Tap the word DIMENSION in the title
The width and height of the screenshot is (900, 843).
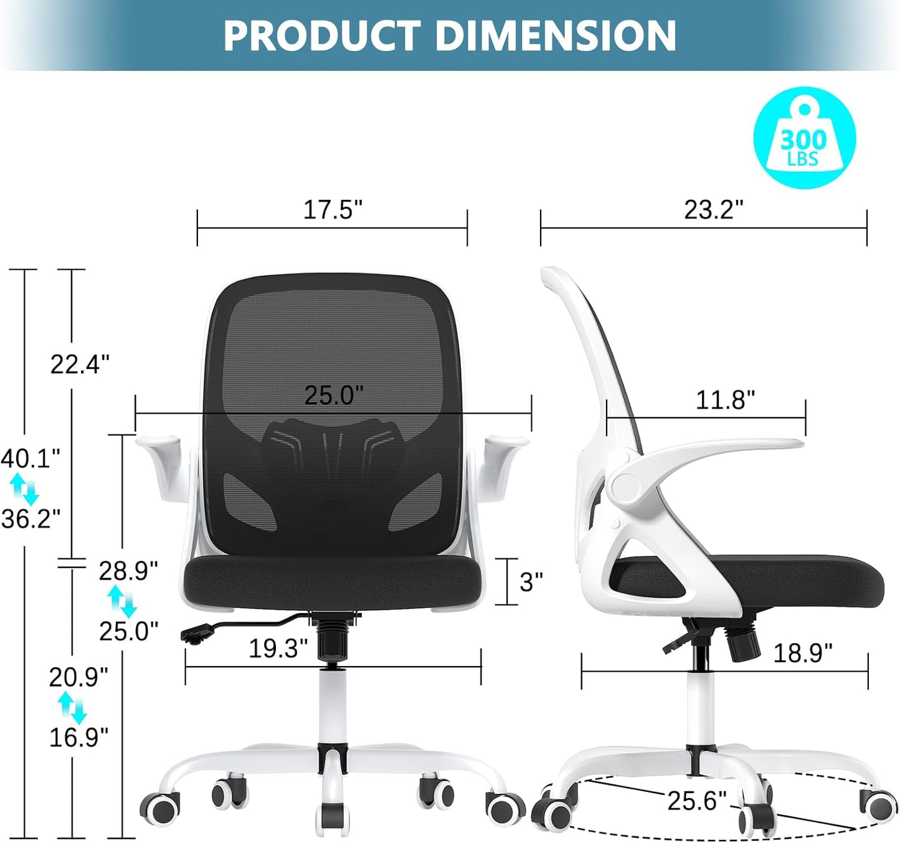point(556,36)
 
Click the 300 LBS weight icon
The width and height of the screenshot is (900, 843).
point(804,138)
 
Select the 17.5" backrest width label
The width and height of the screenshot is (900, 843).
point(333,210)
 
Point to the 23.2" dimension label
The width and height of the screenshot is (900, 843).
point(714,210)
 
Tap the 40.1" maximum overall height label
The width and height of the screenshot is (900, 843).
point(31,459)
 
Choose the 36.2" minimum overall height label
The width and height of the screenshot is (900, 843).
point(31,518)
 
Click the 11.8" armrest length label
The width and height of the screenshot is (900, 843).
point(726,400)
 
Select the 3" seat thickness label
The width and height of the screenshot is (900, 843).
point(531,582)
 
